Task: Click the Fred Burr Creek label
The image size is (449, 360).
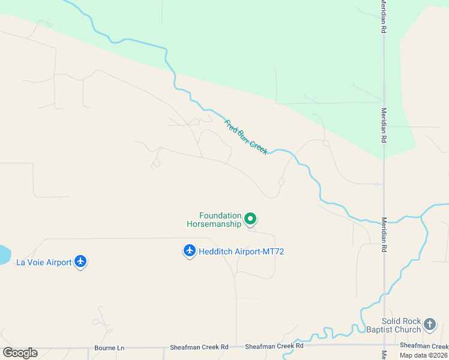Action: [x=246, y=137]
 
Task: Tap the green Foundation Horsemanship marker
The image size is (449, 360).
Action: [x=251, y=219]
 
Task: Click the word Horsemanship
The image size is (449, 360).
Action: [x=214, y=224]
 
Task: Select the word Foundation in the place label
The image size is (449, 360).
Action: [x=220, y=215]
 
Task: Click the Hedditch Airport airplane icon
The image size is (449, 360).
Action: [x=190, y=251]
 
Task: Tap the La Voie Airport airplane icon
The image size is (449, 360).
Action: [x=81, y=262]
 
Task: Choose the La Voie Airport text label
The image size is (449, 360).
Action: [x=43, y=262]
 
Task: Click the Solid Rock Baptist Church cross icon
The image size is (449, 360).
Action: [x=430, y=325]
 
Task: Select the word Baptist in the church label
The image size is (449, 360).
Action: [x=378, y=329]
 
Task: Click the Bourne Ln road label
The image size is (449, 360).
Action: [x=109, y=347]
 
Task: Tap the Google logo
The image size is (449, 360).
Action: [x=20, y=353]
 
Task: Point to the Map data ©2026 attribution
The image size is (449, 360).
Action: [x=423, y=355]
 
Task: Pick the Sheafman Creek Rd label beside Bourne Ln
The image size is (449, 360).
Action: [x=199, y=347]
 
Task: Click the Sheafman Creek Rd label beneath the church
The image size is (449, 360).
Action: [x=424, y=346]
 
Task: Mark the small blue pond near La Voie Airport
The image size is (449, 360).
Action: [x=3, y=254]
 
